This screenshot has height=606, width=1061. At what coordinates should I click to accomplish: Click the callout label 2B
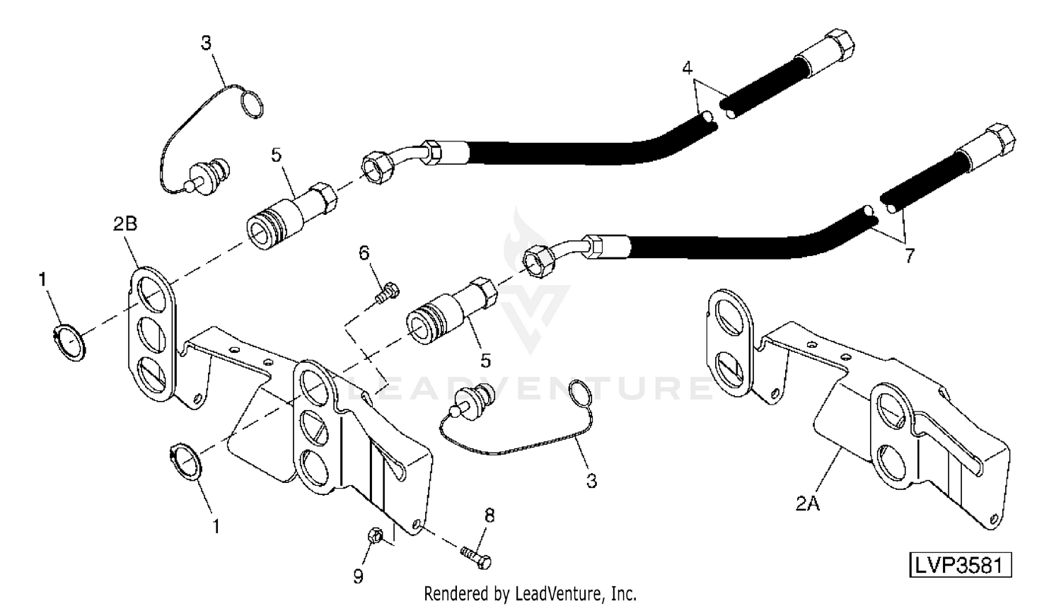click(x=124, y=225)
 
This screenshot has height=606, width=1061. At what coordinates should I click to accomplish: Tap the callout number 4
click(x=687, y=69)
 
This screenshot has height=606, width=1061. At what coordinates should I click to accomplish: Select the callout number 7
click(x=910, y=256)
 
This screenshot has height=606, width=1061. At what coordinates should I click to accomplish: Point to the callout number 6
click(x=364, y=253)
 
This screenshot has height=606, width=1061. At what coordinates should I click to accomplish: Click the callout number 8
click(x=489, y=515)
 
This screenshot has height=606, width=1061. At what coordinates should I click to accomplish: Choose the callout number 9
click(x=359, y=576)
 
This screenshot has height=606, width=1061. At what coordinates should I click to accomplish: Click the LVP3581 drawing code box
click(x=960, y=566)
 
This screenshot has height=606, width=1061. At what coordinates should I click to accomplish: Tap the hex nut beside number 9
click(x=376, y=537)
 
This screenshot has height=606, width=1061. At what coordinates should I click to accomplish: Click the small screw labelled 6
click(x=387, y=292)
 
